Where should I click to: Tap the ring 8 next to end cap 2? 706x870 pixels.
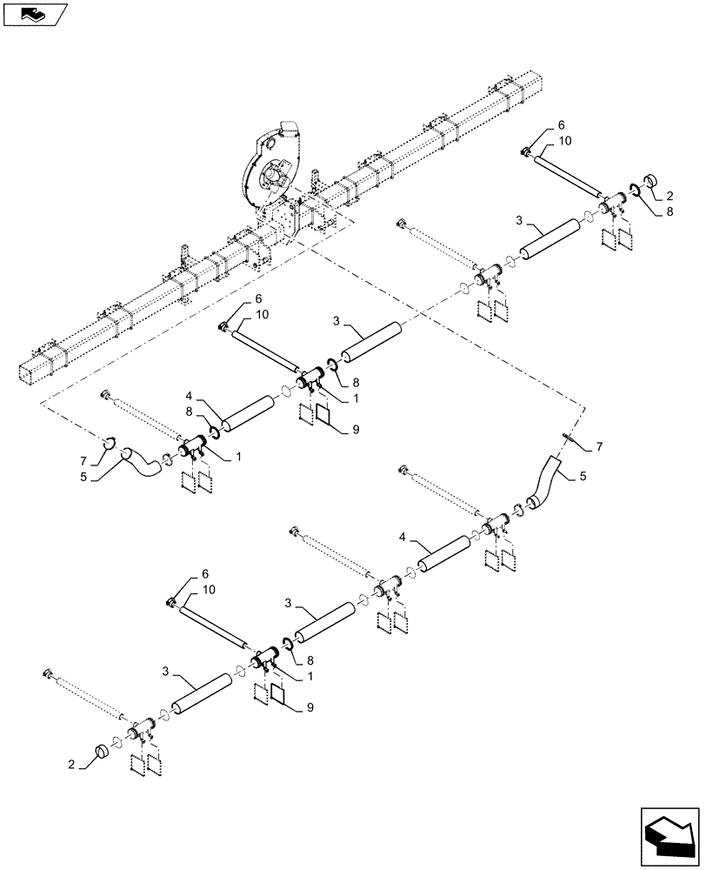[x=636, y=195]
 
